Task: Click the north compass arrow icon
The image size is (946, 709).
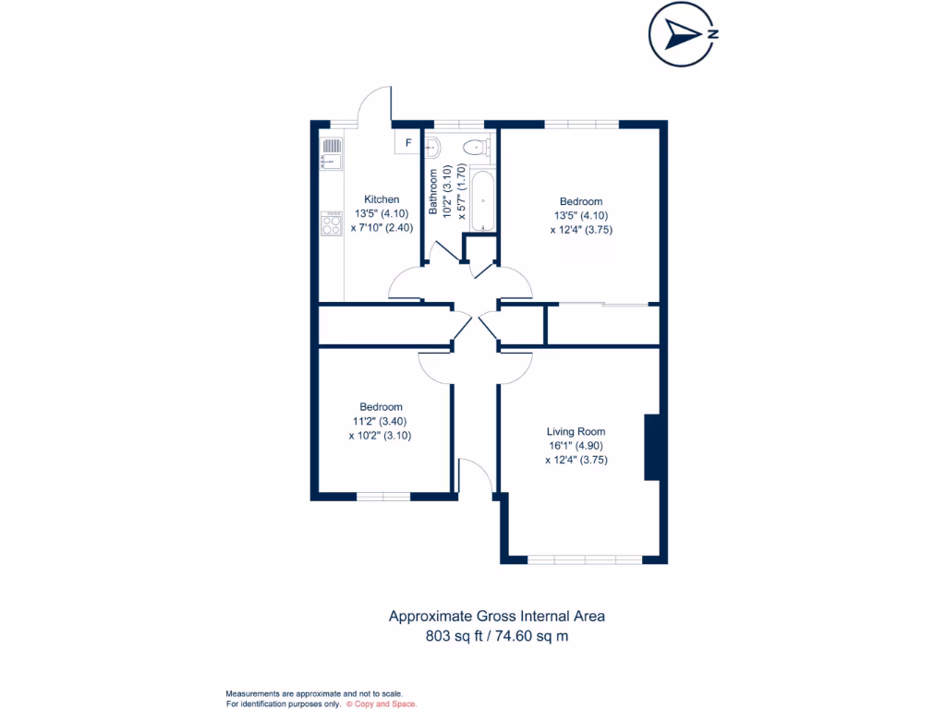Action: pos(684,35)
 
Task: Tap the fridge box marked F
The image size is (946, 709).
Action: pos(407,143)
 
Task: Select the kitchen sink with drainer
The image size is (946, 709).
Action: pos(331,154)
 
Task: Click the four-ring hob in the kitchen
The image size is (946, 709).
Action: pos(331,223)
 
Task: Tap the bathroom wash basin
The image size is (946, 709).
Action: pos(433,146)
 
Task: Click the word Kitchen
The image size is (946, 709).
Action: pos(382,199)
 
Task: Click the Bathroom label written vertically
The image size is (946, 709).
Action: pos(433,192)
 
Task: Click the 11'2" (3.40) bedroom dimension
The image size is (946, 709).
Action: pos(381,421)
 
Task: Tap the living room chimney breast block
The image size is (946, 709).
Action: pos(651,447)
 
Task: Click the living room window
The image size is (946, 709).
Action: pos(584,559)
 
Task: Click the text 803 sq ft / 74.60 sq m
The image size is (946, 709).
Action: pos(496,635)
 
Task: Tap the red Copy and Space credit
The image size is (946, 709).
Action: pos(382,703)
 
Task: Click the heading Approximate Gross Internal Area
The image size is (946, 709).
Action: pos(496,616)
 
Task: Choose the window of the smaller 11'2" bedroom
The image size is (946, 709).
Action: pos(383,496)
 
